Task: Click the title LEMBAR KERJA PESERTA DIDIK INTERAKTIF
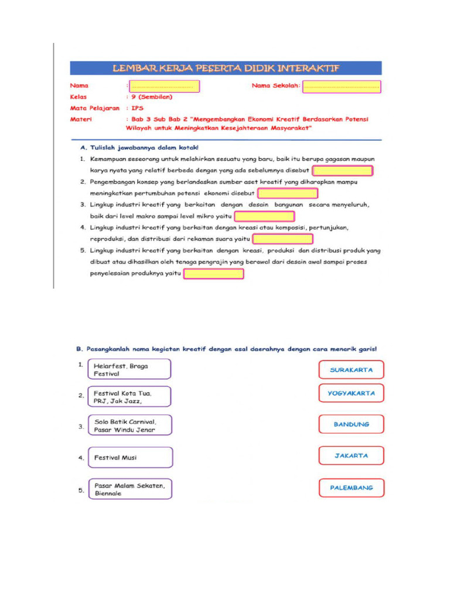(226, 67)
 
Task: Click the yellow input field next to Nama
(164, 86)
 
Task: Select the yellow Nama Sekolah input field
(342, 86)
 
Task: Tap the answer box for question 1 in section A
(343, 171)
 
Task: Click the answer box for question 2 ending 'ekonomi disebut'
(288, 194)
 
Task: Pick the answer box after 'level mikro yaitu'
(264, 217)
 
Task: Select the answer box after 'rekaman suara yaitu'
(283, 239)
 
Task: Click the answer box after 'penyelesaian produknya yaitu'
(214, 274)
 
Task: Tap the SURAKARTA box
(352, 370)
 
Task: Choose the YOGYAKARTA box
(352, 394)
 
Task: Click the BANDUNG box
(352, 424)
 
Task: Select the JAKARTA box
(352, 455)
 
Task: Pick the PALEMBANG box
(352, 488)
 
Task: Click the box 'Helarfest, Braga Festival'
(129, 370)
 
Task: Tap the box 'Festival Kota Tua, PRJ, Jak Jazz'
(129, 397)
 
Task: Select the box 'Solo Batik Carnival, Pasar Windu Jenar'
(129, 426)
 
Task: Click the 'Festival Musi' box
(129, 457)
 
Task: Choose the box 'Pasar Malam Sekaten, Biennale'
(129, 489)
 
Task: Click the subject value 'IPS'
(137, 108)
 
